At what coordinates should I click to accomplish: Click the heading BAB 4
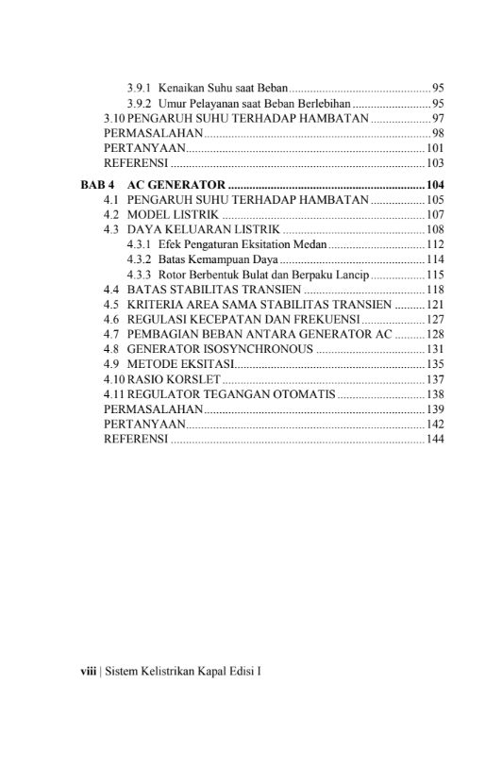(x=96, y=184)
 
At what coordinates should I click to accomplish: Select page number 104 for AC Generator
(x=434, y=184)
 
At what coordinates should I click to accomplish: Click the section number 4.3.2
(x=139, y=258)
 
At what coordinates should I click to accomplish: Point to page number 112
(x=434, y=243)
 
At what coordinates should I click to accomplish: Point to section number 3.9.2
(x=139, y=102)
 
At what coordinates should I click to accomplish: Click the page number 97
(x=438, y=117)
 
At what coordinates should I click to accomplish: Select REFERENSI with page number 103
(x=135, y=162)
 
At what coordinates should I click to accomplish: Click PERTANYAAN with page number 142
(x=143, y=425)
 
